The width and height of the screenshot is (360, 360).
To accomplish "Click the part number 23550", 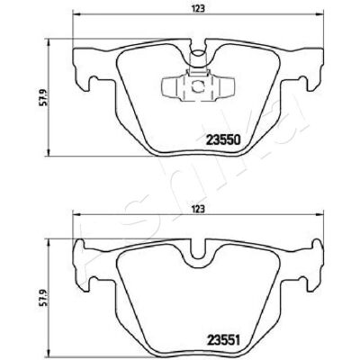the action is (222, 139).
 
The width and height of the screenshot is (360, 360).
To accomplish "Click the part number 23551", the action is (222, 340).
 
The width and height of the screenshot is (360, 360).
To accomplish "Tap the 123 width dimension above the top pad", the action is (198, 9).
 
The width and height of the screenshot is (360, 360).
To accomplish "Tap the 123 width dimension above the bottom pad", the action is (198, 209).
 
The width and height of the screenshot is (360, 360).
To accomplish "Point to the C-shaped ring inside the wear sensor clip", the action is (198, 86).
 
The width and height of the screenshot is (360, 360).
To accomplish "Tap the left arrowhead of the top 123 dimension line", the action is (76, 14).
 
